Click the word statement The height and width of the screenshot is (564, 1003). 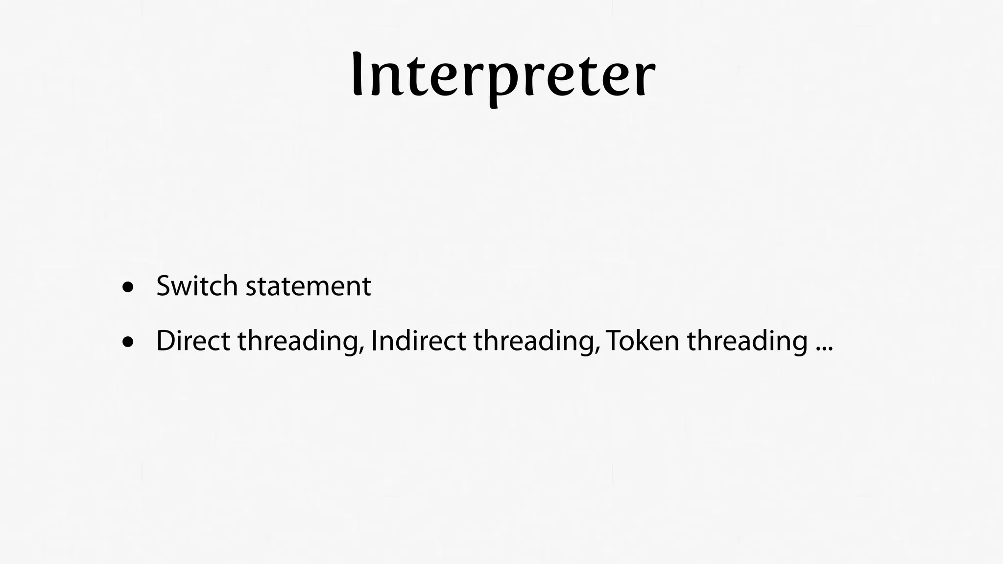tap(308, 286)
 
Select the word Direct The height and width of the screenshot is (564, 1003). tap(193, 341)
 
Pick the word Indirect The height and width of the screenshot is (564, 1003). tap(418, 341)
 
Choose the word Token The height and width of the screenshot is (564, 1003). tap(643, 341)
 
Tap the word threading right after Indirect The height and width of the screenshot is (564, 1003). tap(533, 342)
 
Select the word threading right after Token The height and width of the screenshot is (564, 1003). tap(747, 342)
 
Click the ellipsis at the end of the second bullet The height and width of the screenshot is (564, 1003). tap(824, 349)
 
